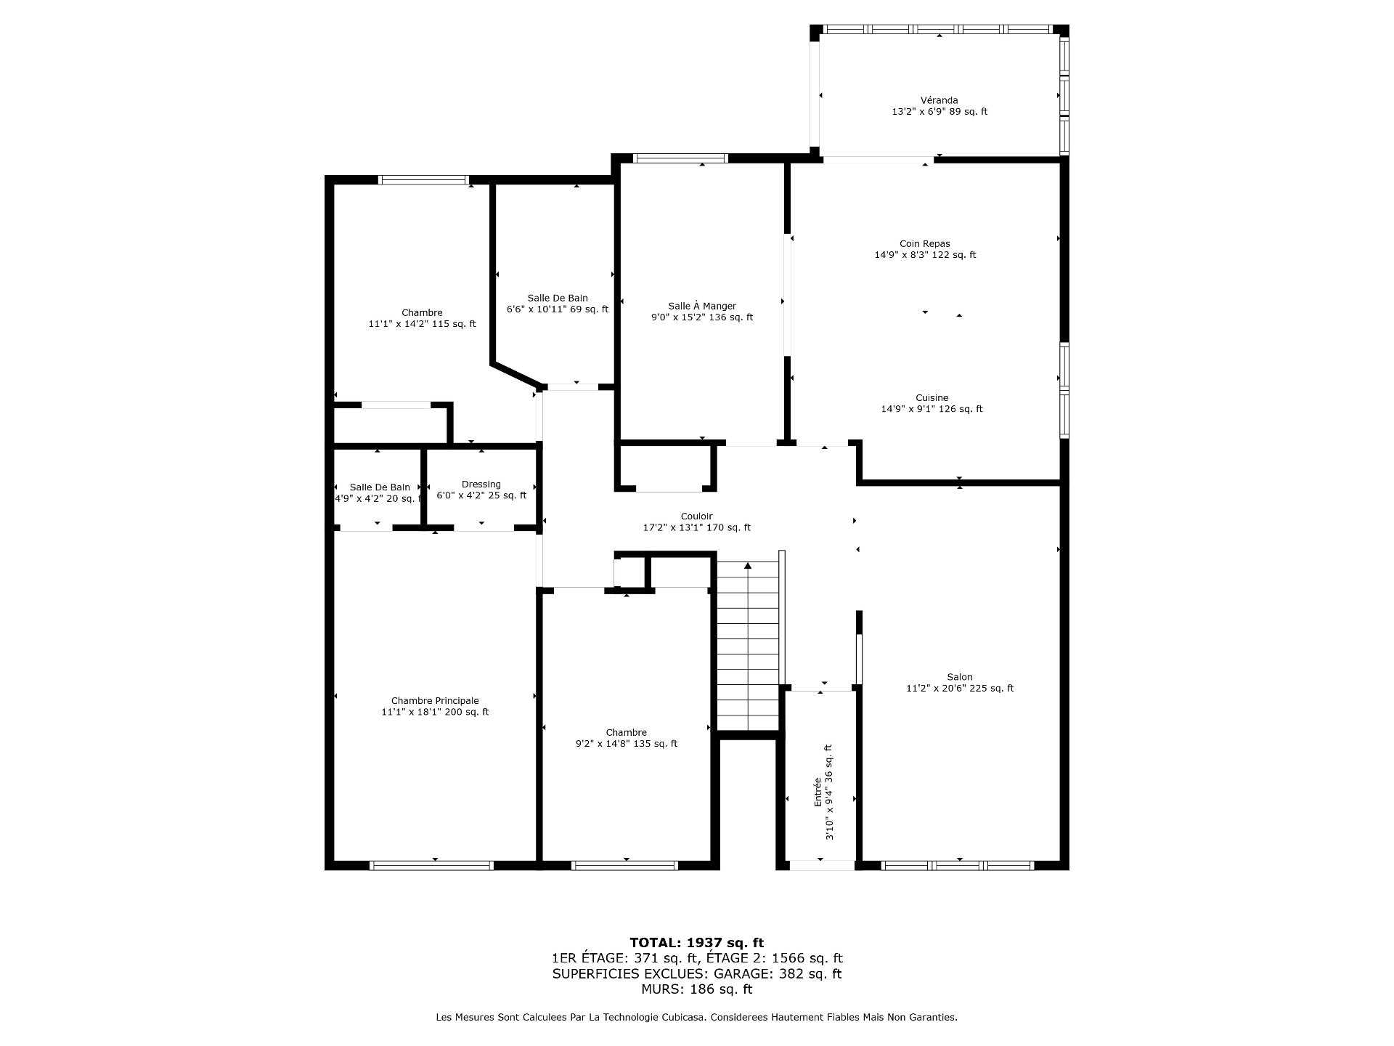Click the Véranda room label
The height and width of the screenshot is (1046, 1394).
(939, 100)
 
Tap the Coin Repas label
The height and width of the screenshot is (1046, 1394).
(925, 243)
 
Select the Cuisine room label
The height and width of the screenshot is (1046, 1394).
(932, 397)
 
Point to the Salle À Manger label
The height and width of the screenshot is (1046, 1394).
(702, 306)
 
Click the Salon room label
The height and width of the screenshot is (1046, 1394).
(960, 677)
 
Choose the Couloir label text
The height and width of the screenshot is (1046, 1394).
(697, 516)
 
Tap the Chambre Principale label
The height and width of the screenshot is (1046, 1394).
(435, 701)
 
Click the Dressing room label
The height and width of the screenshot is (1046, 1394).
(481, 485)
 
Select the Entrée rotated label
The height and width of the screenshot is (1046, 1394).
(818, 792)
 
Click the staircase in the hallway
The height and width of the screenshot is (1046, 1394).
(748, 646)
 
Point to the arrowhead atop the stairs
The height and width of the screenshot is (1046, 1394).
(748, 565)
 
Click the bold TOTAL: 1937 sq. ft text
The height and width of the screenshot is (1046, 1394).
(697, 943)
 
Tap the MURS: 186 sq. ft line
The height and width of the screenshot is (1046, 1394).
(697, 989)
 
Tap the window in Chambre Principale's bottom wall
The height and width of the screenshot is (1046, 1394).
(432, 865)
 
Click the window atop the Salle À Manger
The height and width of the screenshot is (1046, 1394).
(680, 158)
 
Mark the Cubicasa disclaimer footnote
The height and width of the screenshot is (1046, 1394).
(697, 1018)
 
